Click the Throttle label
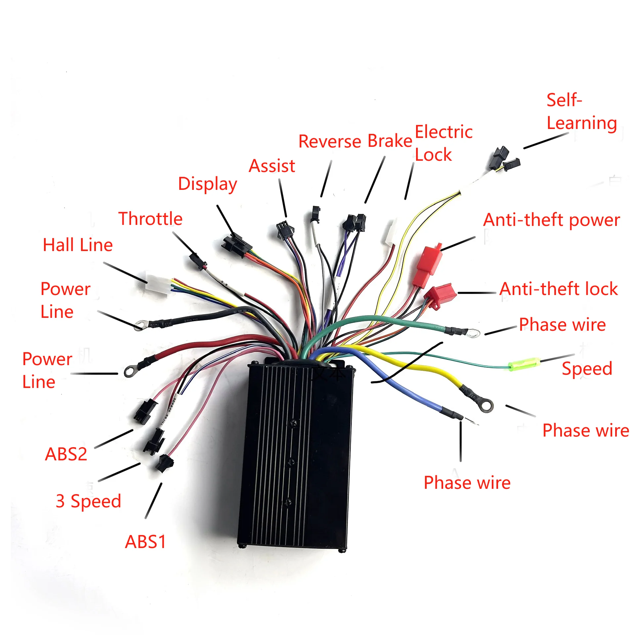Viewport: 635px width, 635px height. pos(150,219)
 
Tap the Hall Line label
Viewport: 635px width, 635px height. pos(78,245)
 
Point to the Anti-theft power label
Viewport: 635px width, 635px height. pos(551,220)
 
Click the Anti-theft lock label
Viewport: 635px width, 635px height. pos(558,289)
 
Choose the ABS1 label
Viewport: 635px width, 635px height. pos(145,542)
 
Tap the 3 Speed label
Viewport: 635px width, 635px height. pos(88,501)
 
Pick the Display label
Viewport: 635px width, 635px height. pos(207,184)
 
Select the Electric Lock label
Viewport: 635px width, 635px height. pos(443,143)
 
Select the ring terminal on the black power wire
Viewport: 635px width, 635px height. pos(141,325)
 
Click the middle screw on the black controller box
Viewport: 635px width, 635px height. pos(291,462)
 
